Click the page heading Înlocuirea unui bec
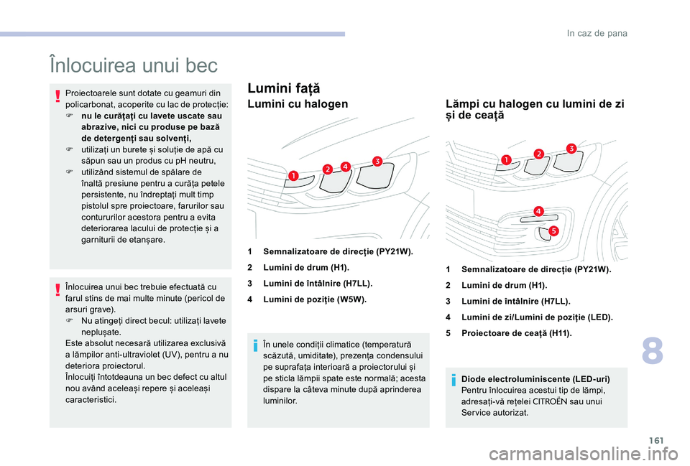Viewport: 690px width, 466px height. tap(133, 66)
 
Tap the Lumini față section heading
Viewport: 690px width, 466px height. tap(283, 88)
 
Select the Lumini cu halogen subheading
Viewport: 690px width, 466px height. tap(298, 104)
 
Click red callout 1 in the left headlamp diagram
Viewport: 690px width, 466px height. tap(294, 174)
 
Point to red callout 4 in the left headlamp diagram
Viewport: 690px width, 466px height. tap(345, 167)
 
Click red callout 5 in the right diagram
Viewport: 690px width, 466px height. tap(553, 230)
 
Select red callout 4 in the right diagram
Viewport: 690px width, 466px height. tap(538, 210)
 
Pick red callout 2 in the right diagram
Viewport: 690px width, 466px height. tap(538, 152)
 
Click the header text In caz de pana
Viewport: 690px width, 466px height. tap(597, 33)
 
